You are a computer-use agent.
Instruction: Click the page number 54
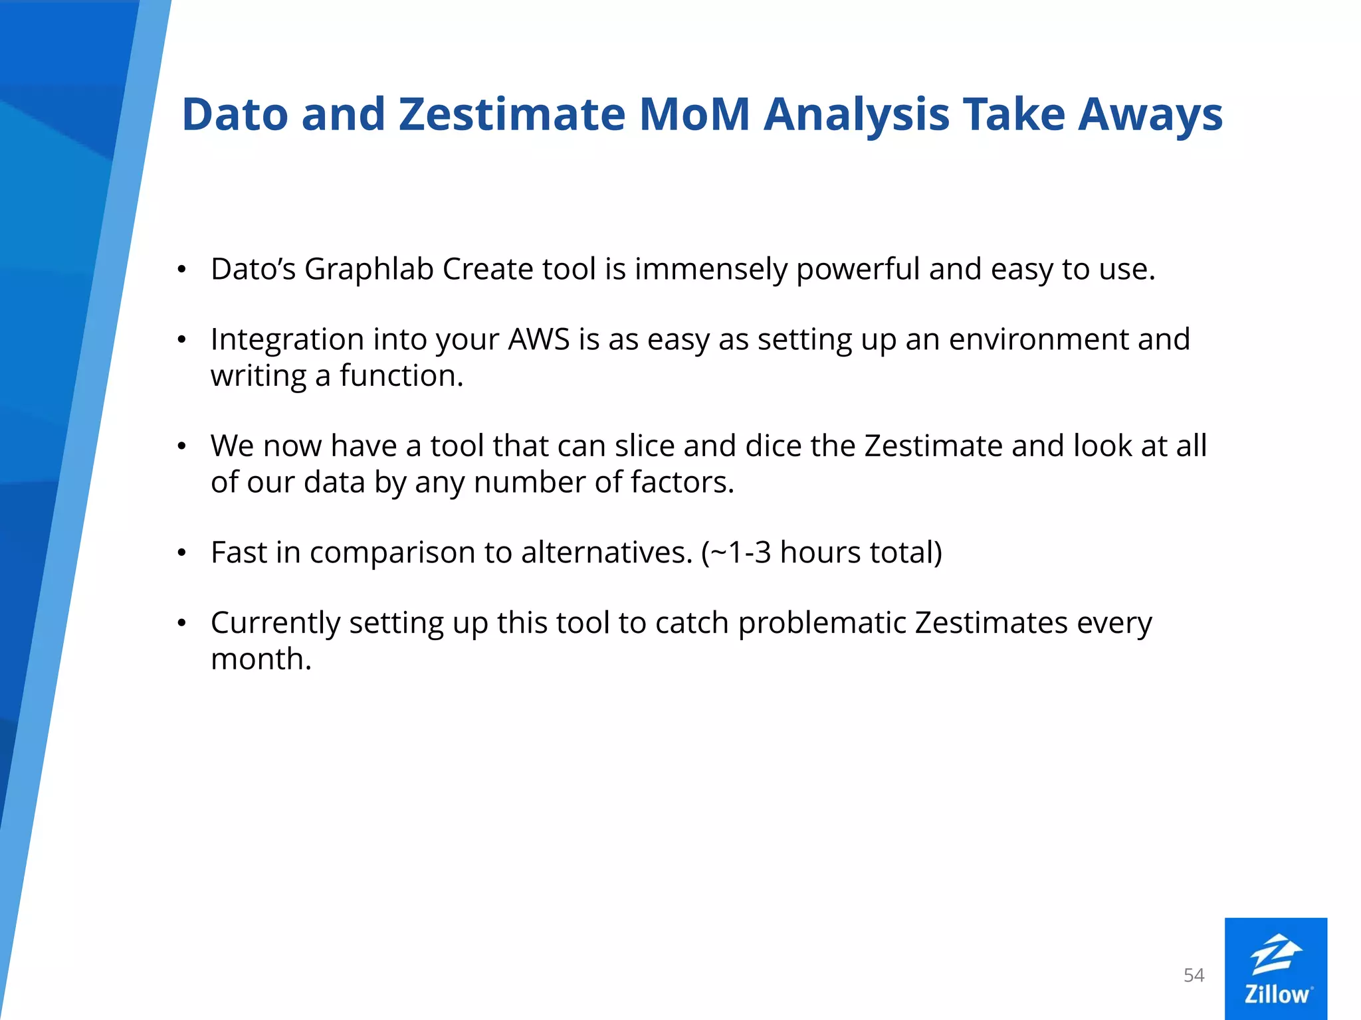pos(1194,975)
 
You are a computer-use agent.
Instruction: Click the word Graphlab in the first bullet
pos(369,269)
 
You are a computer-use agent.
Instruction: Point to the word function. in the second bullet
pos(401,376)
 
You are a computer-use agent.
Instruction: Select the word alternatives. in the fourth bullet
pos(607,552)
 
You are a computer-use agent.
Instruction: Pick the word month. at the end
pos(261,659)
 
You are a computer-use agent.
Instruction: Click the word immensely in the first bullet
pos(710,269)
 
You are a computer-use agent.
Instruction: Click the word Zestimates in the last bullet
pos(991,623)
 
